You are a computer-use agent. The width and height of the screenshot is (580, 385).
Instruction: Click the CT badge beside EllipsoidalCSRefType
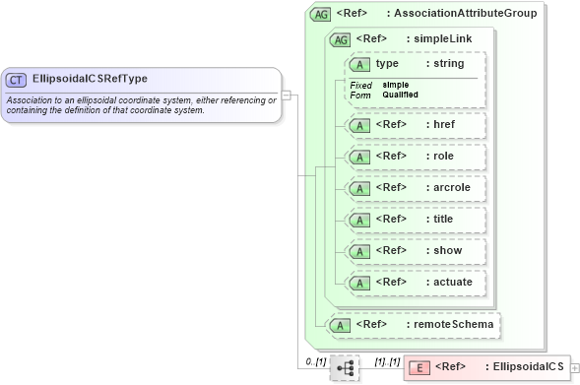16,79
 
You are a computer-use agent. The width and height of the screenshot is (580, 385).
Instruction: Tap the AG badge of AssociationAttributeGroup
320,15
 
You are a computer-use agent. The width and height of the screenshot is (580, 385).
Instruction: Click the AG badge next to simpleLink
340,39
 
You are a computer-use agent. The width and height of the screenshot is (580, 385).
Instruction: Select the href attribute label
445,125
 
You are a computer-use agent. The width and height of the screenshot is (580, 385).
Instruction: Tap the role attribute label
444,157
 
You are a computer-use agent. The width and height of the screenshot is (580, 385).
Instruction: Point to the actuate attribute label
453,283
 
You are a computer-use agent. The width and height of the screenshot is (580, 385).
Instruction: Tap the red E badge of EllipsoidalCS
419,367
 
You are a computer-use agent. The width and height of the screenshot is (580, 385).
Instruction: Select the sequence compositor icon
345,367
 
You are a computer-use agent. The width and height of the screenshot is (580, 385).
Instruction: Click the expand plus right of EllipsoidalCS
575,367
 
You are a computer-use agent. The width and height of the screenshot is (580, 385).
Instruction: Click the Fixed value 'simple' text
396,85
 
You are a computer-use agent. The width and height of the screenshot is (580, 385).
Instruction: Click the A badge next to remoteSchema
340,324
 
